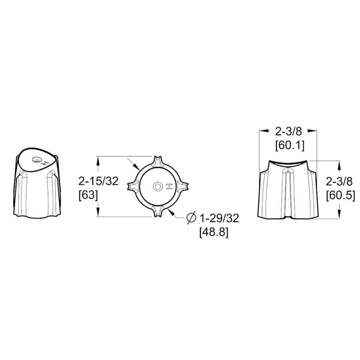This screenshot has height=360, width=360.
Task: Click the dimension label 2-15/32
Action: tap(98, 181)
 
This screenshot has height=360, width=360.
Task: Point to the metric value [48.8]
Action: tap(214, 232)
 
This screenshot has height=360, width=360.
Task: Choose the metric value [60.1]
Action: tap(290, 146)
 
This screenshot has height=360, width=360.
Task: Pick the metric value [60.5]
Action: tap(340, 196)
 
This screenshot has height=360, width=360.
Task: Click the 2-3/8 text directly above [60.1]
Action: tap(289, 131)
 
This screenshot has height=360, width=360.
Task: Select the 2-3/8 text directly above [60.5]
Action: tap(339, 182)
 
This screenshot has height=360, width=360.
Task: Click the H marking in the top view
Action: tap(169, 186)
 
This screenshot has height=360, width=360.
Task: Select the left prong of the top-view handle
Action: tap(132, 186)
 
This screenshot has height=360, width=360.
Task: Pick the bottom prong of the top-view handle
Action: tap(158, 211)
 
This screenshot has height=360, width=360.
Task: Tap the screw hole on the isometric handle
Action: tap(37, 160)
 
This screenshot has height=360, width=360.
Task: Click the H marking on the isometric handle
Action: tap(46, 163)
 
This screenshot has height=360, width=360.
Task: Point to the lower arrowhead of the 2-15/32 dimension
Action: tap(98, 214)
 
